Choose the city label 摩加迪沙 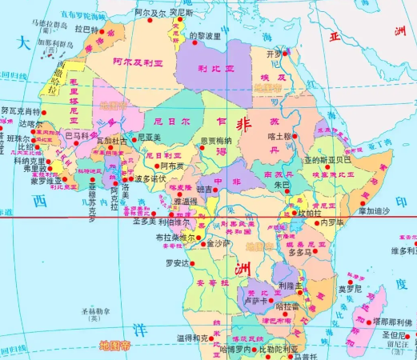click(x=374, y=210)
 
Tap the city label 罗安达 click(x=178, y=262)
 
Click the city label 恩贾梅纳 click(x=215, y=141)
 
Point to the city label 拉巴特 click(x=86, y=29)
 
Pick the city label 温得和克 click(x=194, y=337)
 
